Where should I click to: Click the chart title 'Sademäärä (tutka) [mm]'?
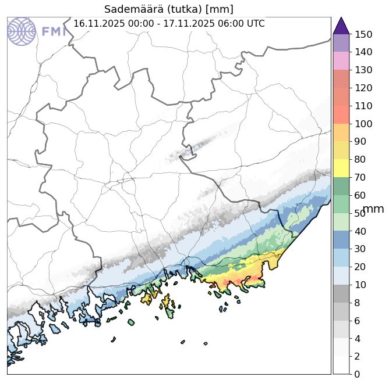tap(169, 9)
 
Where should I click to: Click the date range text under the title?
tap(169, 24)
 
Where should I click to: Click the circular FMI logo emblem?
tap(22, 31)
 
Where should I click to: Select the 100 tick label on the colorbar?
tap(363, 124)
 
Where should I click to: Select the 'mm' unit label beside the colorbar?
tap(373, 209)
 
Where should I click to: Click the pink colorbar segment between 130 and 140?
tap(341, 61)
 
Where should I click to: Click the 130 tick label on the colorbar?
tap(363, 70)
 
